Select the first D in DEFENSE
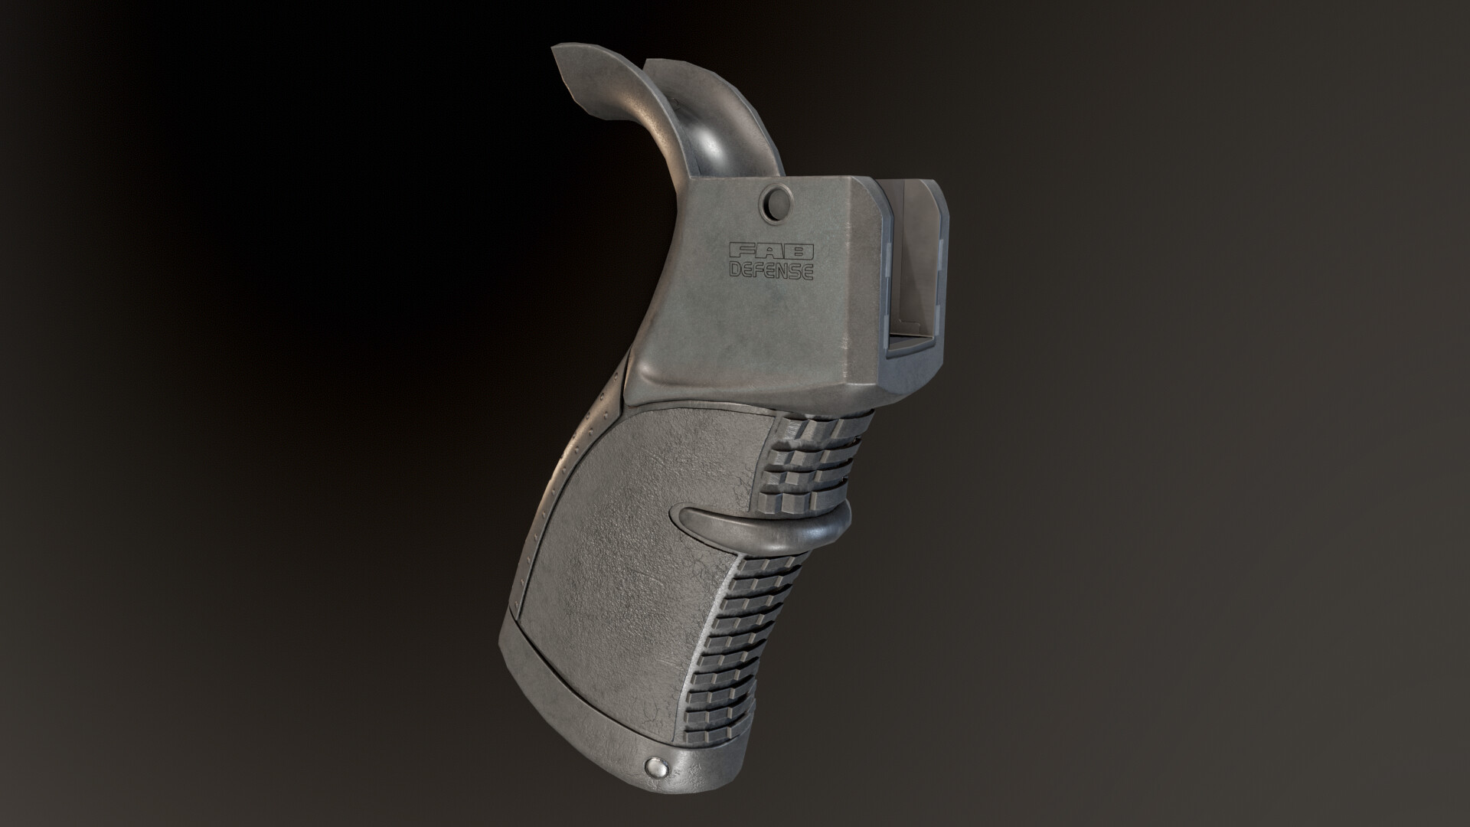coord(734,269)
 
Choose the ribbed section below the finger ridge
coord(746,651)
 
